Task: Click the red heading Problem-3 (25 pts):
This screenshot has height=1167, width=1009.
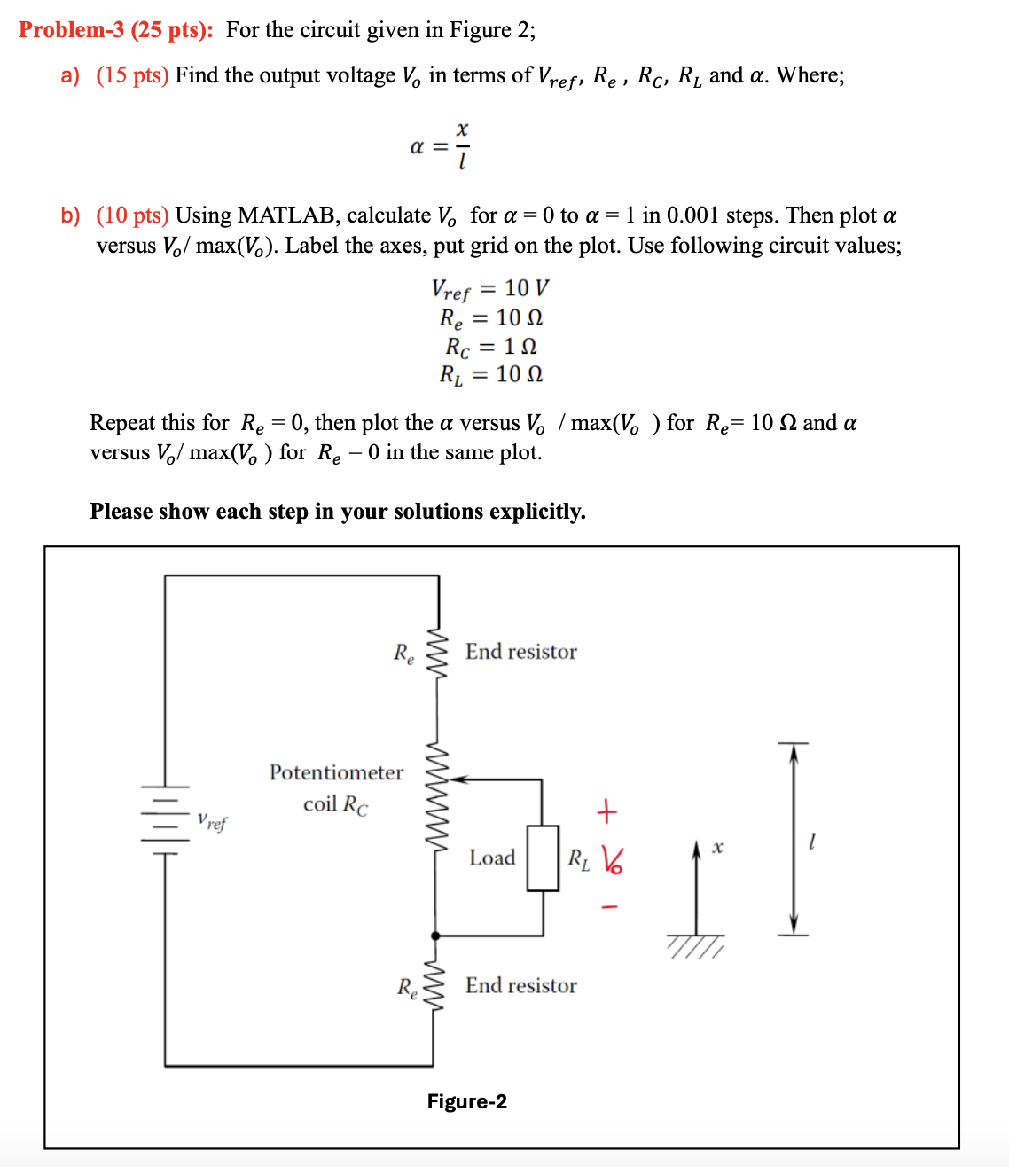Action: click(116, 30)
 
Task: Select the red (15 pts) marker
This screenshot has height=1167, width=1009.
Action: click(132, 75)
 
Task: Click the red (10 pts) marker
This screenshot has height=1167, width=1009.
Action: click(132, 215)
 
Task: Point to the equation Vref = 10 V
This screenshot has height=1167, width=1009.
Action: click(489, 289)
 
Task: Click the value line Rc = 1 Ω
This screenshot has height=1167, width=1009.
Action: click(490, 346)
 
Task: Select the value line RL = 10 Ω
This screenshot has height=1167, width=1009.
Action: click(490, 374)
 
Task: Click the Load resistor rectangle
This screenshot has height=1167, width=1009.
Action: click(543, 858)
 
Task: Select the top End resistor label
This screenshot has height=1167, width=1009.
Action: click(520, 652)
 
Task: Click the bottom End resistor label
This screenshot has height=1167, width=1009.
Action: click(520, 985)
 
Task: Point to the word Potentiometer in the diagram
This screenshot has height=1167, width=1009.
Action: click(336, 772)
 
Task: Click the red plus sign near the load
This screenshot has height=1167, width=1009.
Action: click(606, 811)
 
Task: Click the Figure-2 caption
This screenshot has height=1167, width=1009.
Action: click(467, 1101)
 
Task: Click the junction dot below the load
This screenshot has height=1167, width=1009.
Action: click(434, 936)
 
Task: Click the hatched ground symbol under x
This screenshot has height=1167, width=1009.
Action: click(697, 946)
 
